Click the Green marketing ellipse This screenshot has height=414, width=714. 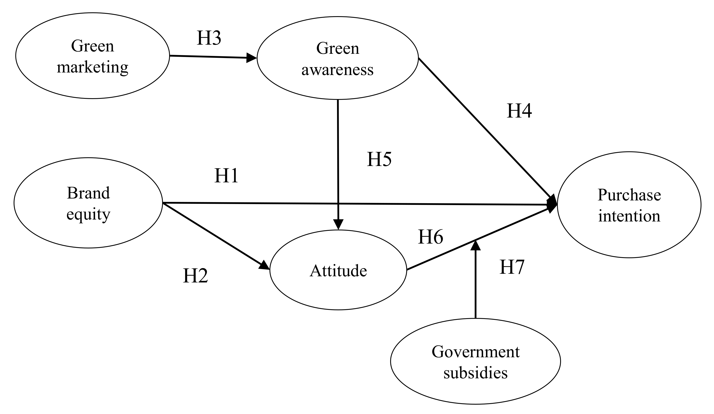pyautogui.click(x=92, y=56)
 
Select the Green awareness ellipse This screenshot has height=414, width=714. pyautogui.click(x=337, y=58)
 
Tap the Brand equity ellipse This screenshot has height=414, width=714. pyautogui.click(x=88, y=203)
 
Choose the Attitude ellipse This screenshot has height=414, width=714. pyautogui.click(x=338, y=270)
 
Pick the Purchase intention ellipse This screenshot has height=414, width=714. pyautogui.click(x=629, y=205)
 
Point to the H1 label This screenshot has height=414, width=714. pyautogui.click(x=226, y=176)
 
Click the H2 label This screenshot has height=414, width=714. pyautogui.click(x=195, y=276)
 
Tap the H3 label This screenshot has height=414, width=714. pyautogui.click(x=209, y=38)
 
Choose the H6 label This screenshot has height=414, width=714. pyautogui.click(x=430, y=237)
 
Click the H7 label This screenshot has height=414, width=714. pyautogui.click(x=512, y=267)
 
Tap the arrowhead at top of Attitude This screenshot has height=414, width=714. pyautogui.click(x=338, y=224)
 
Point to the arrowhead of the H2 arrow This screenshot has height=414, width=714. pyautogui.click(x=265, y=266)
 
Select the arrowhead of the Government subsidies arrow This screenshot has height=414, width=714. pyautogui.click(x=475, y=245)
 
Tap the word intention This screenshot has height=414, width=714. pyautogui.click(x=629, y=216)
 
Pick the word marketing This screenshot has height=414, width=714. pyautogui.click(x=92, y=67)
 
